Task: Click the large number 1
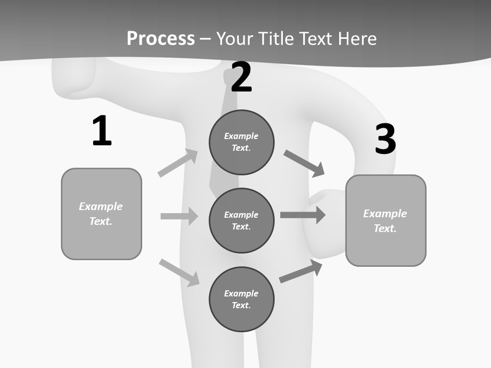102,131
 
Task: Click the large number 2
241,77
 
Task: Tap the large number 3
385,139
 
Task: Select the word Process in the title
161,38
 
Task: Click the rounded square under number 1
101,214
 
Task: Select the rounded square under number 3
386,220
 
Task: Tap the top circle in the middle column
241,142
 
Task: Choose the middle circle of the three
241,220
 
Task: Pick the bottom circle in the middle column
241,299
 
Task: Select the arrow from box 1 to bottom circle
179,272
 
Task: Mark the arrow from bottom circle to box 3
301,271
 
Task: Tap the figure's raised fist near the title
74,79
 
